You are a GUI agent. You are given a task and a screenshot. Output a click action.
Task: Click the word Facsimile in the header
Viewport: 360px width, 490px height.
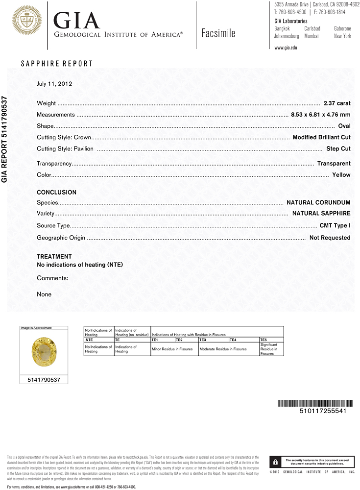click(x=218, y=33)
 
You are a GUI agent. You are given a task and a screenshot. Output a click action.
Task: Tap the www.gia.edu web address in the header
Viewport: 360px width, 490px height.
click(x=286, y=48)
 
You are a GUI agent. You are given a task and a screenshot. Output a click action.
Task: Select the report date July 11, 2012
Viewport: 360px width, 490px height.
click(x=54, y=84)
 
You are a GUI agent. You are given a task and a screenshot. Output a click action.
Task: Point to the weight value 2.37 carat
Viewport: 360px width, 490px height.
click(x=337, y=103)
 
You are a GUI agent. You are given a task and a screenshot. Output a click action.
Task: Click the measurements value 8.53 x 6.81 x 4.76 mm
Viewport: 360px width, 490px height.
click(x=320, y=115)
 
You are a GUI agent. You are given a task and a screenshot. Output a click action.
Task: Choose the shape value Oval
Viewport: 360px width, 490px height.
click(x=344, y=126)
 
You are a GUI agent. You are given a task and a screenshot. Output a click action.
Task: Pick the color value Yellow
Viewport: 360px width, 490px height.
click(x=341, y=174)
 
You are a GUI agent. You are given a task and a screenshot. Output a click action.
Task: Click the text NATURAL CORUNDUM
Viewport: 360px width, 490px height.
click(x=318, y=202)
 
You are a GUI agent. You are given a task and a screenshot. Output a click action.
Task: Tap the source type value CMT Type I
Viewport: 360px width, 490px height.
click(x=335, y=226)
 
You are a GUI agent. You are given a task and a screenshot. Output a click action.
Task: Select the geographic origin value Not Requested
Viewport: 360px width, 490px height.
click(x=330, y=238)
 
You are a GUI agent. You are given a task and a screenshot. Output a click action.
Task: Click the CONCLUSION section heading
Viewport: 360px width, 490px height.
click(x=56, y=193)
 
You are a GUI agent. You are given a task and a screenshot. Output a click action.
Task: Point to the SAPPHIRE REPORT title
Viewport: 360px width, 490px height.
click(x=56, y=64)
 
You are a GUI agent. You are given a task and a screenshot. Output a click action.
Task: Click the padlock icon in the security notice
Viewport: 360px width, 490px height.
click(x=276, y=462)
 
